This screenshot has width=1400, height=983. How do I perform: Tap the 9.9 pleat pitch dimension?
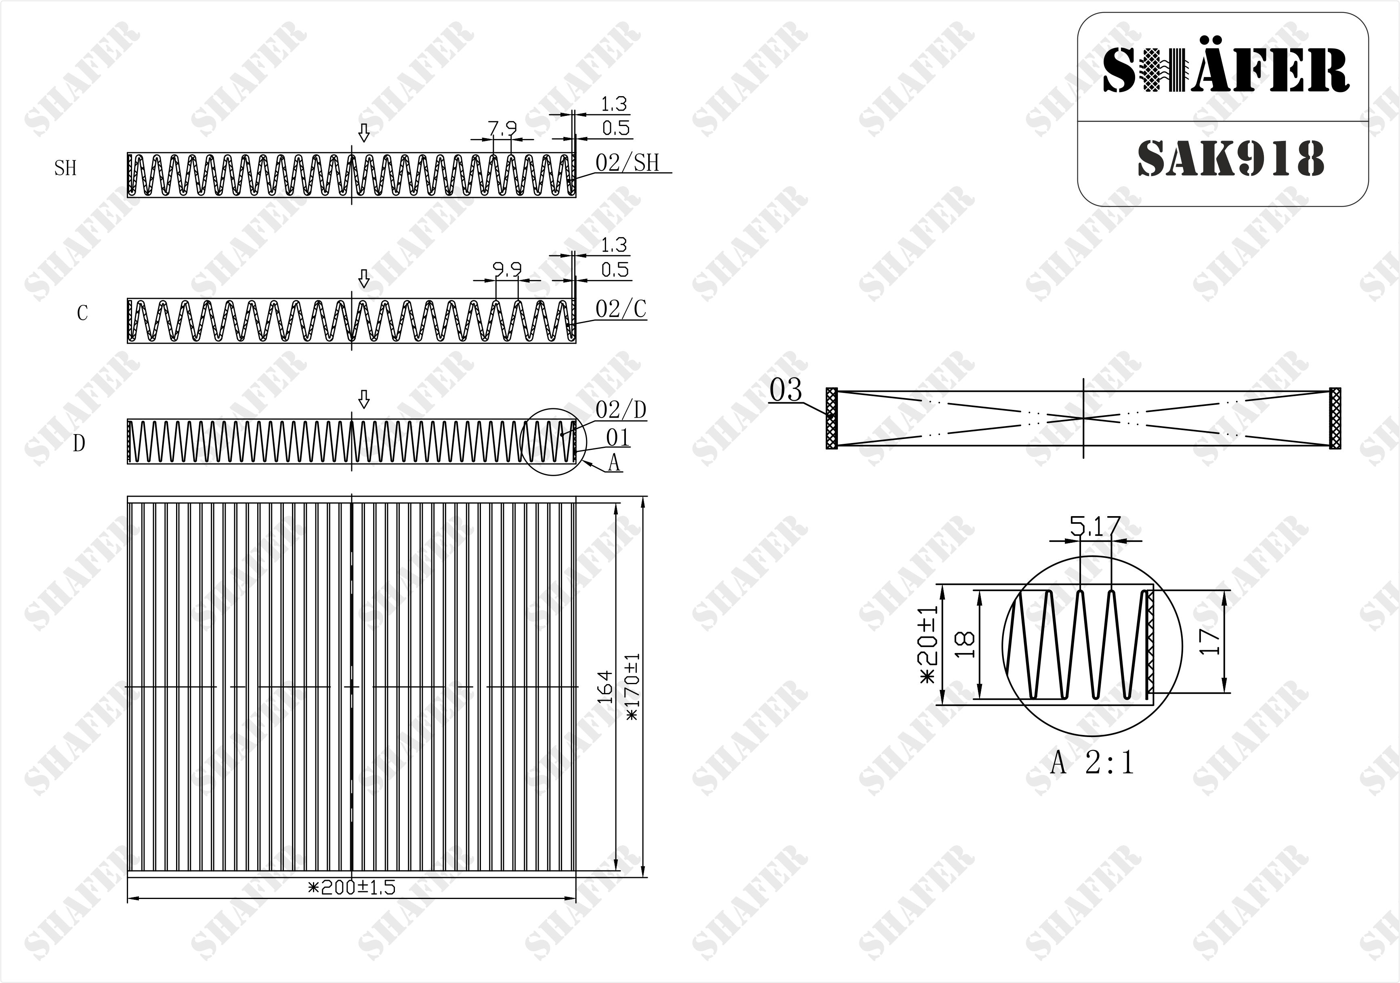click(507, 269)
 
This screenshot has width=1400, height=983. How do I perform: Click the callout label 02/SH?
click(628, 163)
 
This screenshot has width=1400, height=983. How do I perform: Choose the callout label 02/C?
click(621, 309)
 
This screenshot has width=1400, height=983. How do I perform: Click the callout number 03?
click(785, 390)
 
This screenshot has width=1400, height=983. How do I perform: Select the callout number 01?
click(618, 437)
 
